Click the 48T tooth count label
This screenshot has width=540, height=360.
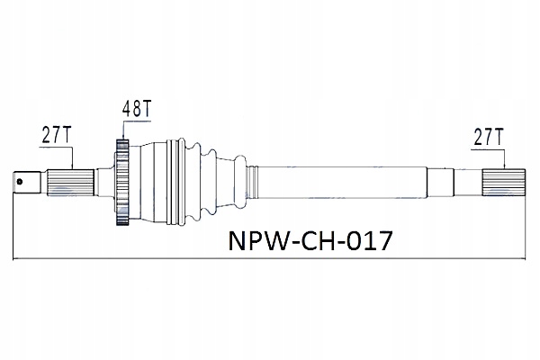click(136, 110)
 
